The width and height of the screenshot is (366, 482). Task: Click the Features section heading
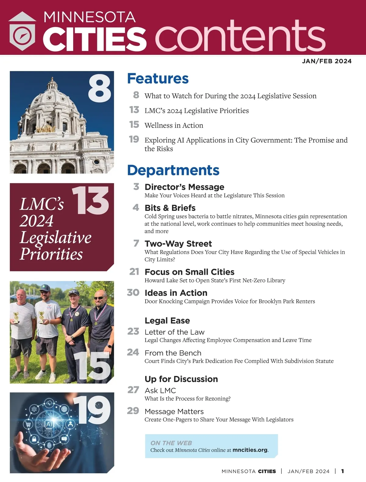pos(158,79)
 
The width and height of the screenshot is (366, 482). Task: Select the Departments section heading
pos(173,170)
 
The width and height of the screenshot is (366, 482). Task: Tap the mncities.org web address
pos(250,450)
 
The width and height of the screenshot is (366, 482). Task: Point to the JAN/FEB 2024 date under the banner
pos(327,61)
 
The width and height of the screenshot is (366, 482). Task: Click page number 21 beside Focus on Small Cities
pos(134,271)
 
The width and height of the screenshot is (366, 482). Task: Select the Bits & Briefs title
pos(170,208)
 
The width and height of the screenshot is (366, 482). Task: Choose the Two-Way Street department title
pos(178,244)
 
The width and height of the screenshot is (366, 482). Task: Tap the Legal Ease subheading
pos(167,321)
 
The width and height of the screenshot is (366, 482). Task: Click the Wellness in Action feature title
pos(174,126)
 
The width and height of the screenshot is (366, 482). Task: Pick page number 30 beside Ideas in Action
pos(133,292)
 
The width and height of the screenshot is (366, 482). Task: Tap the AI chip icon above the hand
pos(49,424)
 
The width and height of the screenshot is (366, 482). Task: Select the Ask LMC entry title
pos(160,391)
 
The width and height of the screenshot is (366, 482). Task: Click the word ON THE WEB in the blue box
pos(171,443)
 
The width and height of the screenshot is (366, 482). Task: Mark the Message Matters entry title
pos(174,412)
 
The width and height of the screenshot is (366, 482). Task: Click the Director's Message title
pos(184,187)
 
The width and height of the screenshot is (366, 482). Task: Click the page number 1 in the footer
pos(343,471)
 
